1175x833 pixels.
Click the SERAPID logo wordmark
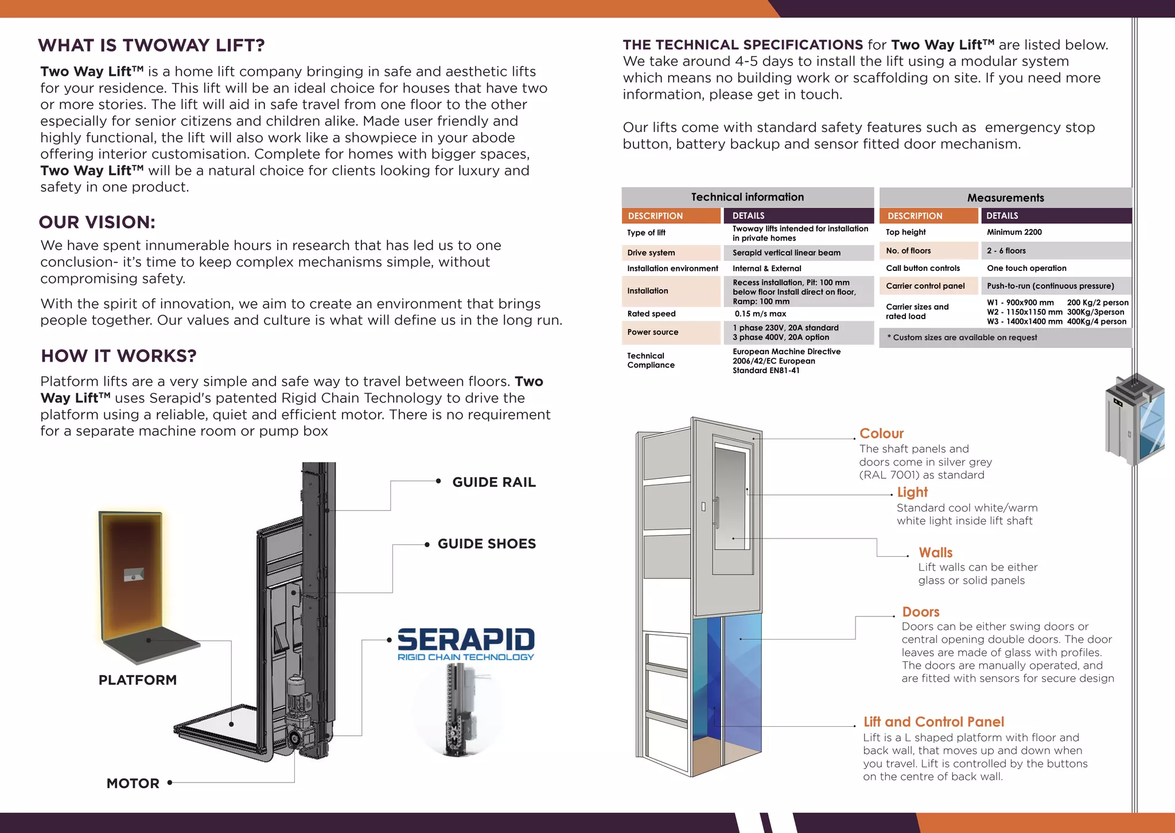(x=465, y=640)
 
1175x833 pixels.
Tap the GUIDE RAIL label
(x=493, y=482)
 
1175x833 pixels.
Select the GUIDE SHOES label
(x=487, y=544)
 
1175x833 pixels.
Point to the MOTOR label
(x=133, y=783)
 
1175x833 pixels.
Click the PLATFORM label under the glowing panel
(x=138, y=680)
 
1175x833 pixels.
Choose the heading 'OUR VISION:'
(x=97, y=222)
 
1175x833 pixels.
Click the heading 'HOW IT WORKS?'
(x=119, y=356)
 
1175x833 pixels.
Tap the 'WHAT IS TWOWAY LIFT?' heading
(x=151, y=45)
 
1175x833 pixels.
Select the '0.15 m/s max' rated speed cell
(x=760, y=314)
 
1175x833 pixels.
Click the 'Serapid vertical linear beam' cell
(x=786, y=253)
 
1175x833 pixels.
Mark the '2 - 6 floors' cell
(x=1006, y=251)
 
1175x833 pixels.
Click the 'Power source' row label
(x=652, y=332)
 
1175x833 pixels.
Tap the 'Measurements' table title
(x=1005, y=198)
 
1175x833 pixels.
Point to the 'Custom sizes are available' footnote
(x=964, y=338)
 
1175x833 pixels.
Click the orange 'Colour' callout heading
(x=881, y=433)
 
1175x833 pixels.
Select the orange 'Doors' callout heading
(x=920, y=612)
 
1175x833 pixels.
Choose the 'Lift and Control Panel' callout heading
(x=933, y=722)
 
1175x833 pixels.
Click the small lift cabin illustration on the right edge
(x=1135, y=419)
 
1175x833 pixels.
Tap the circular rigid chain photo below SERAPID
(x=457, y=710)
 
